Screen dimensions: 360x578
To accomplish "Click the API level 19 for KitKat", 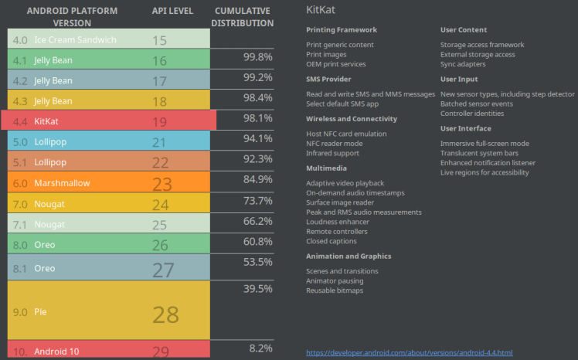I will (159, 121).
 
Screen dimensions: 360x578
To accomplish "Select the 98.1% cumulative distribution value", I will (257, 118).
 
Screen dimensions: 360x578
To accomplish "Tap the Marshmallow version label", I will (62, 183).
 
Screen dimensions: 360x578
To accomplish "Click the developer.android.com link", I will (409, 352).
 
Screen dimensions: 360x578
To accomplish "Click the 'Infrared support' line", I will (332, 153).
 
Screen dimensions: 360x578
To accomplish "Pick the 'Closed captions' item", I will (331, 241).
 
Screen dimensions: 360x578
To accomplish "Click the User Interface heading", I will (465, 128).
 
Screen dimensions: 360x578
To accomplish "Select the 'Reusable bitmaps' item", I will (335, 290).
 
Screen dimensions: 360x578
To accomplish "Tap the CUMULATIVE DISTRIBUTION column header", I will (243, 17).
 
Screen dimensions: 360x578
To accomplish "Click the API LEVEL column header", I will (172, 12).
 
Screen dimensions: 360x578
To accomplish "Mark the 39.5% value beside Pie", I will (257, 288).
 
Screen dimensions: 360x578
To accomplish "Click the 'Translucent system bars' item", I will (480, 153).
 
